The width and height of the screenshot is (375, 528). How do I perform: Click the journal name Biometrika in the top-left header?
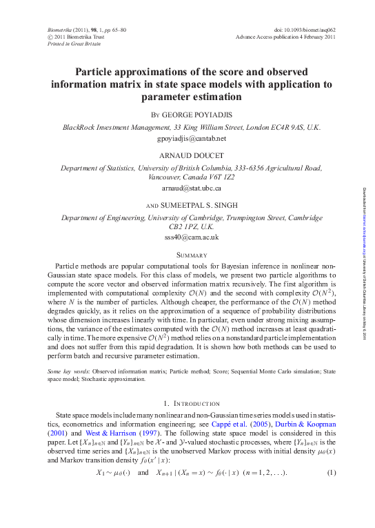(60, 32)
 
